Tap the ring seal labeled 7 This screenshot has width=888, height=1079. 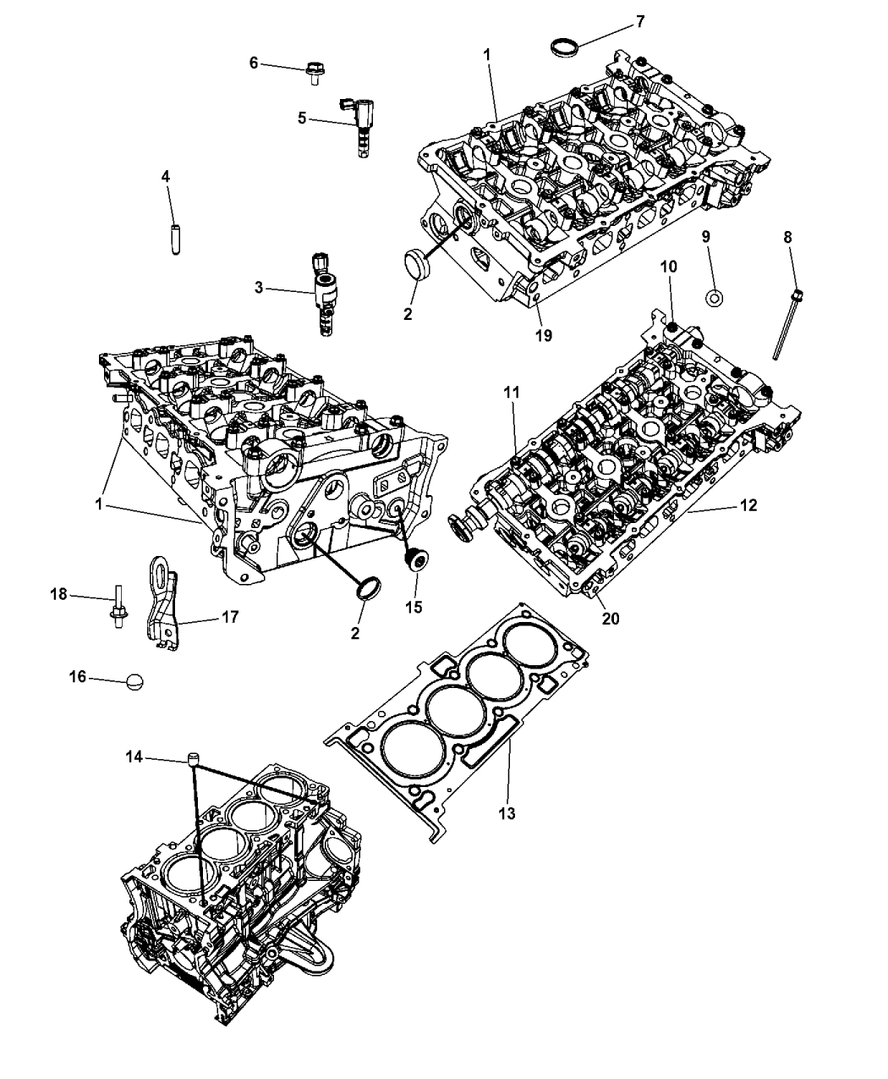click(562, 47)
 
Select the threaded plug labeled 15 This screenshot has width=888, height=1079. click(417, 561)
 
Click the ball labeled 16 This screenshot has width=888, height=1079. click(134, 681)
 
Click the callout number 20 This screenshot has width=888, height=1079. click(611, 619)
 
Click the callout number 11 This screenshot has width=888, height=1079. click(513, 393)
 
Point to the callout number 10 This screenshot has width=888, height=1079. click(668, 267)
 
